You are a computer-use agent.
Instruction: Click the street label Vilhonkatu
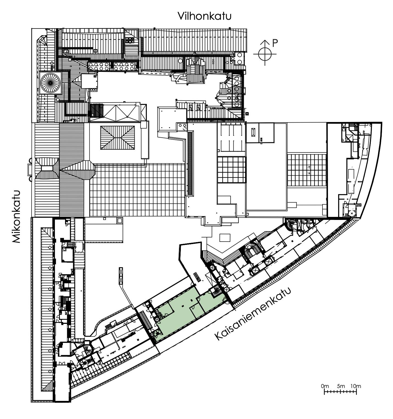point(204,16)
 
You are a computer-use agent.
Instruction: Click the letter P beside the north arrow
point(275,42)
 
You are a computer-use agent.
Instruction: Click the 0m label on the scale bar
point(325,386)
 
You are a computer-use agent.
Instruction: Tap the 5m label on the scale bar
point(341,386)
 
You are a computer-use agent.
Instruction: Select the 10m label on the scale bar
point(356,386)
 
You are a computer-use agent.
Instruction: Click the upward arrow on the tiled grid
point(309,167)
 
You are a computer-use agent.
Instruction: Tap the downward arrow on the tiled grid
point(309,172)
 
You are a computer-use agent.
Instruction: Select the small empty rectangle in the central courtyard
point(225,237)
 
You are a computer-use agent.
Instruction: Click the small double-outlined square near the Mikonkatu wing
point(120,220)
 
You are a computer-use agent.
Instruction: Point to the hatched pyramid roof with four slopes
point(117,138)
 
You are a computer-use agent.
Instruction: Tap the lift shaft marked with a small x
point(352,213)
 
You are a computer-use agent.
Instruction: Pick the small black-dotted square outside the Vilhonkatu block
point(247,113)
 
